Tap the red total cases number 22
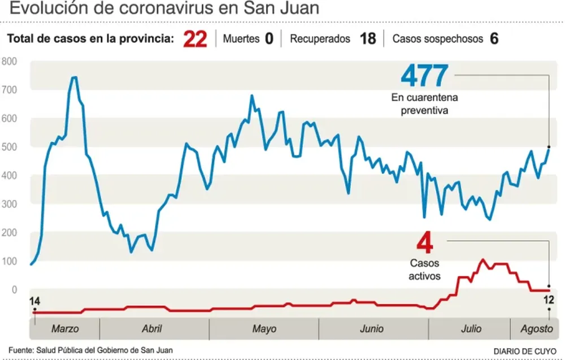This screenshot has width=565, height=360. click(x=195, y=40)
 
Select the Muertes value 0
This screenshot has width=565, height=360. click(x=269, y=40)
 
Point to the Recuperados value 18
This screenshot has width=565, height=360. click(x=367, y=40)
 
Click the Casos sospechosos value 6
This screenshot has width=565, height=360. click(x=494, y=40)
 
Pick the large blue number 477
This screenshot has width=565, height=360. click(x=424, y=76)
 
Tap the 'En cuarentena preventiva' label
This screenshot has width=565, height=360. click(x=424, y=104)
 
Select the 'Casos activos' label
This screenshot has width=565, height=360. click(x=424, y=270)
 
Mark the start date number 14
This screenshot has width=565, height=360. click(x=35, y=301)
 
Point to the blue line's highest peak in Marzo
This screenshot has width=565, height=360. click(x=74, y=77)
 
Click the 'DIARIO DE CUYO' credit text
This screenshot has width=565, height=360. click(x=527, y=351)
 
